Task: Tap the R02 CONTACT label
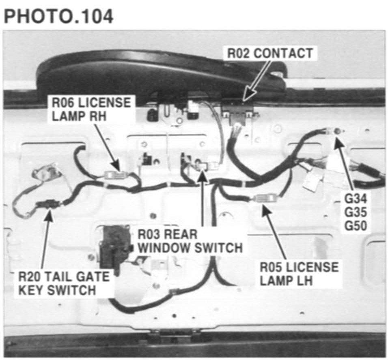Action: pyautogui.click(x=269, y=53)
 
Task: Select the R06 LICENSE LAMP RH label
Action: pyautogui.click(x=91, y=107)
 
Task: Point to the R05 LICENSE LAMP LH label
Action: pyautogui.click(x=299, y=273)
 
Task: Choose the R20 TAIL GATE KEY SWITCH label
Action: pyautogui.click(x=64, y=283)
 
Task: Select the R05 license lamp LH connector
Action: pyautogui.click(x=263, y=198)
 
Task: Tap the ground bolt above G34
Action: pyautogui.click(x=336, y=131)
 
